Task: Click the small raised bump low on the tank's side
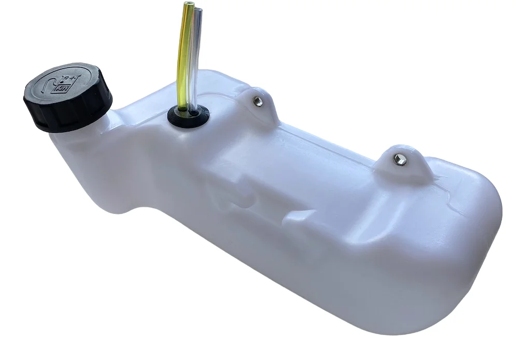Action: pos(298,218)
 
